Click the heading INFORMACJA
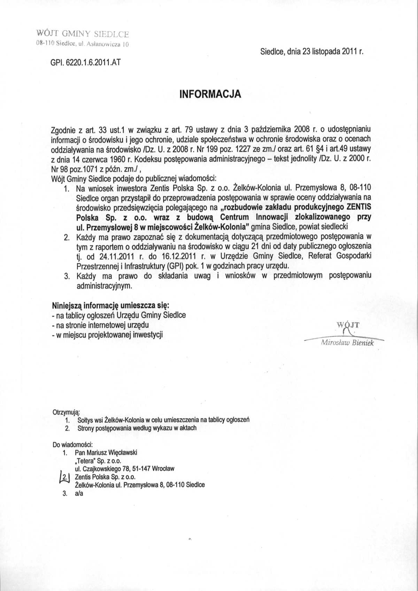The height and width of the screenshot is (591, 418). click(210, 94)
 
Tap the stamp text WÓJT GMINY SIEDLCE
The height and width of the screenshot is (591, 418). click(83, 34)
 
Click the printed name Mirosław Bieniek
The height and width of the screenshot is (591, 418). click(347, 343)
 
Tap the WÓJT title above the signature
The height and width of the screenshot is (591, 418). click(348, 326)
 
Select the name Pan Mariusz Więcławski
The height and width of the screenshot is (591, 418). click(106, 452)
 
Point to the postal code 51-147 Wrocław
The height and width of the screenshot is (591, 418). click(154, 468)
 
